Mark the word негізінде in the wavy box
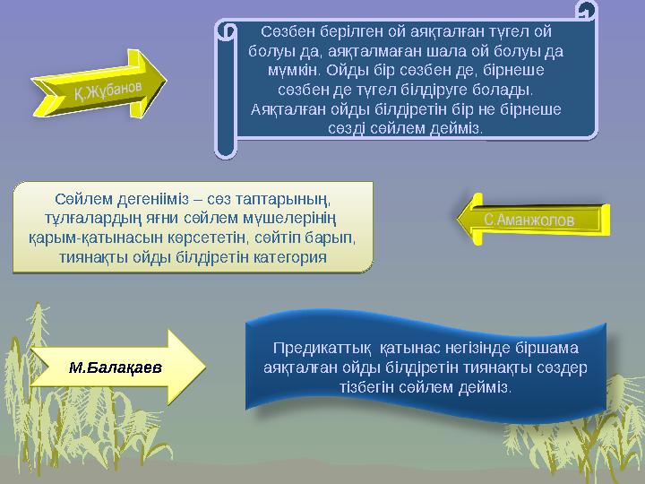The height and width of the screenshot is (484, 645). coord(480,348)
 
